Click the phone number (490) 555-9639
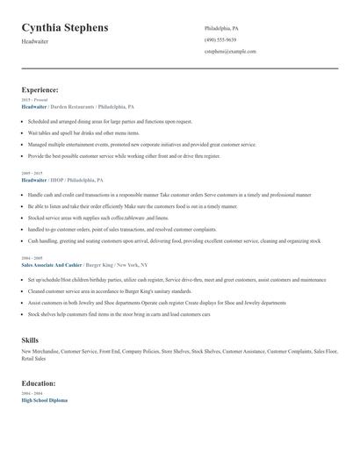point(220,40)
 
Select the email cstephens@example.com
point(230,52)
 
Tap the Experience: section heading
point(40,89)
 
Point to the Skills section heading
point(30,340)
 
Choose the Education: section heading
point(39,383)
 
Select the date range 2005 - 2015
point(32,173)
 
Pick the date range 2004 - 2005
point(32,258)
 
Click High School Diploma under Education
point(45,400)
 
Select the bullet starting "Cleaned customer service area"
point(109,290)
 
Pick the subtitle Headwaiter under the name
point(35,42)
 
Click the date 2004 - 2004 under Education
point(32,394)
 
